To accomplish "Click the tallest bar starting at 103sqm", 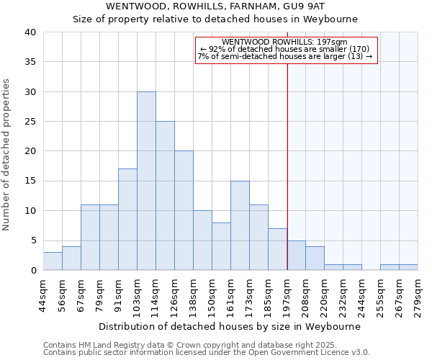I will click(x=146, y=181).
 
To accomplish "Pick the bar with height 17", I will click(x=127, y=220).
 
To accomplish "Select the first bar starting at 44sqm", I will click(x=53, y=261).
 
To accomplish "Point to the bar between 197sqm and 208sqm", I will click(x=296, y=255).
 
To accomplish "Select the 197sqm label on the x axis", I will click(x=287, y=294).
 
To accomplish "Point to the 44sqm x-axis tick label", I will click(x=43, y=294).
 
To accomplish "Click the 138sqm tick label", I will click(x=193, y=294).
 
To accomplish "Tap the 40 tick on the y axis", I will click(x=30, y=32).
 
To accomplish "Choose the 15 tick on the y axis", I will click(x=30, y=181).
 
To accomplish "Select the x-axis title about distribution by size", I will click(x=230, y=326).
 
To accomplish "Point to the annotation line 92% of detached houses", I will click(x=285, y=49).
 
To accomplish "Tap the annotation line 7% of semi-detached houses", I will click(x=285, y=56).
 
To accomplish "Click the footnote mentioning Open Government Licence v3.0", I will click(x=207, y=353).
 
